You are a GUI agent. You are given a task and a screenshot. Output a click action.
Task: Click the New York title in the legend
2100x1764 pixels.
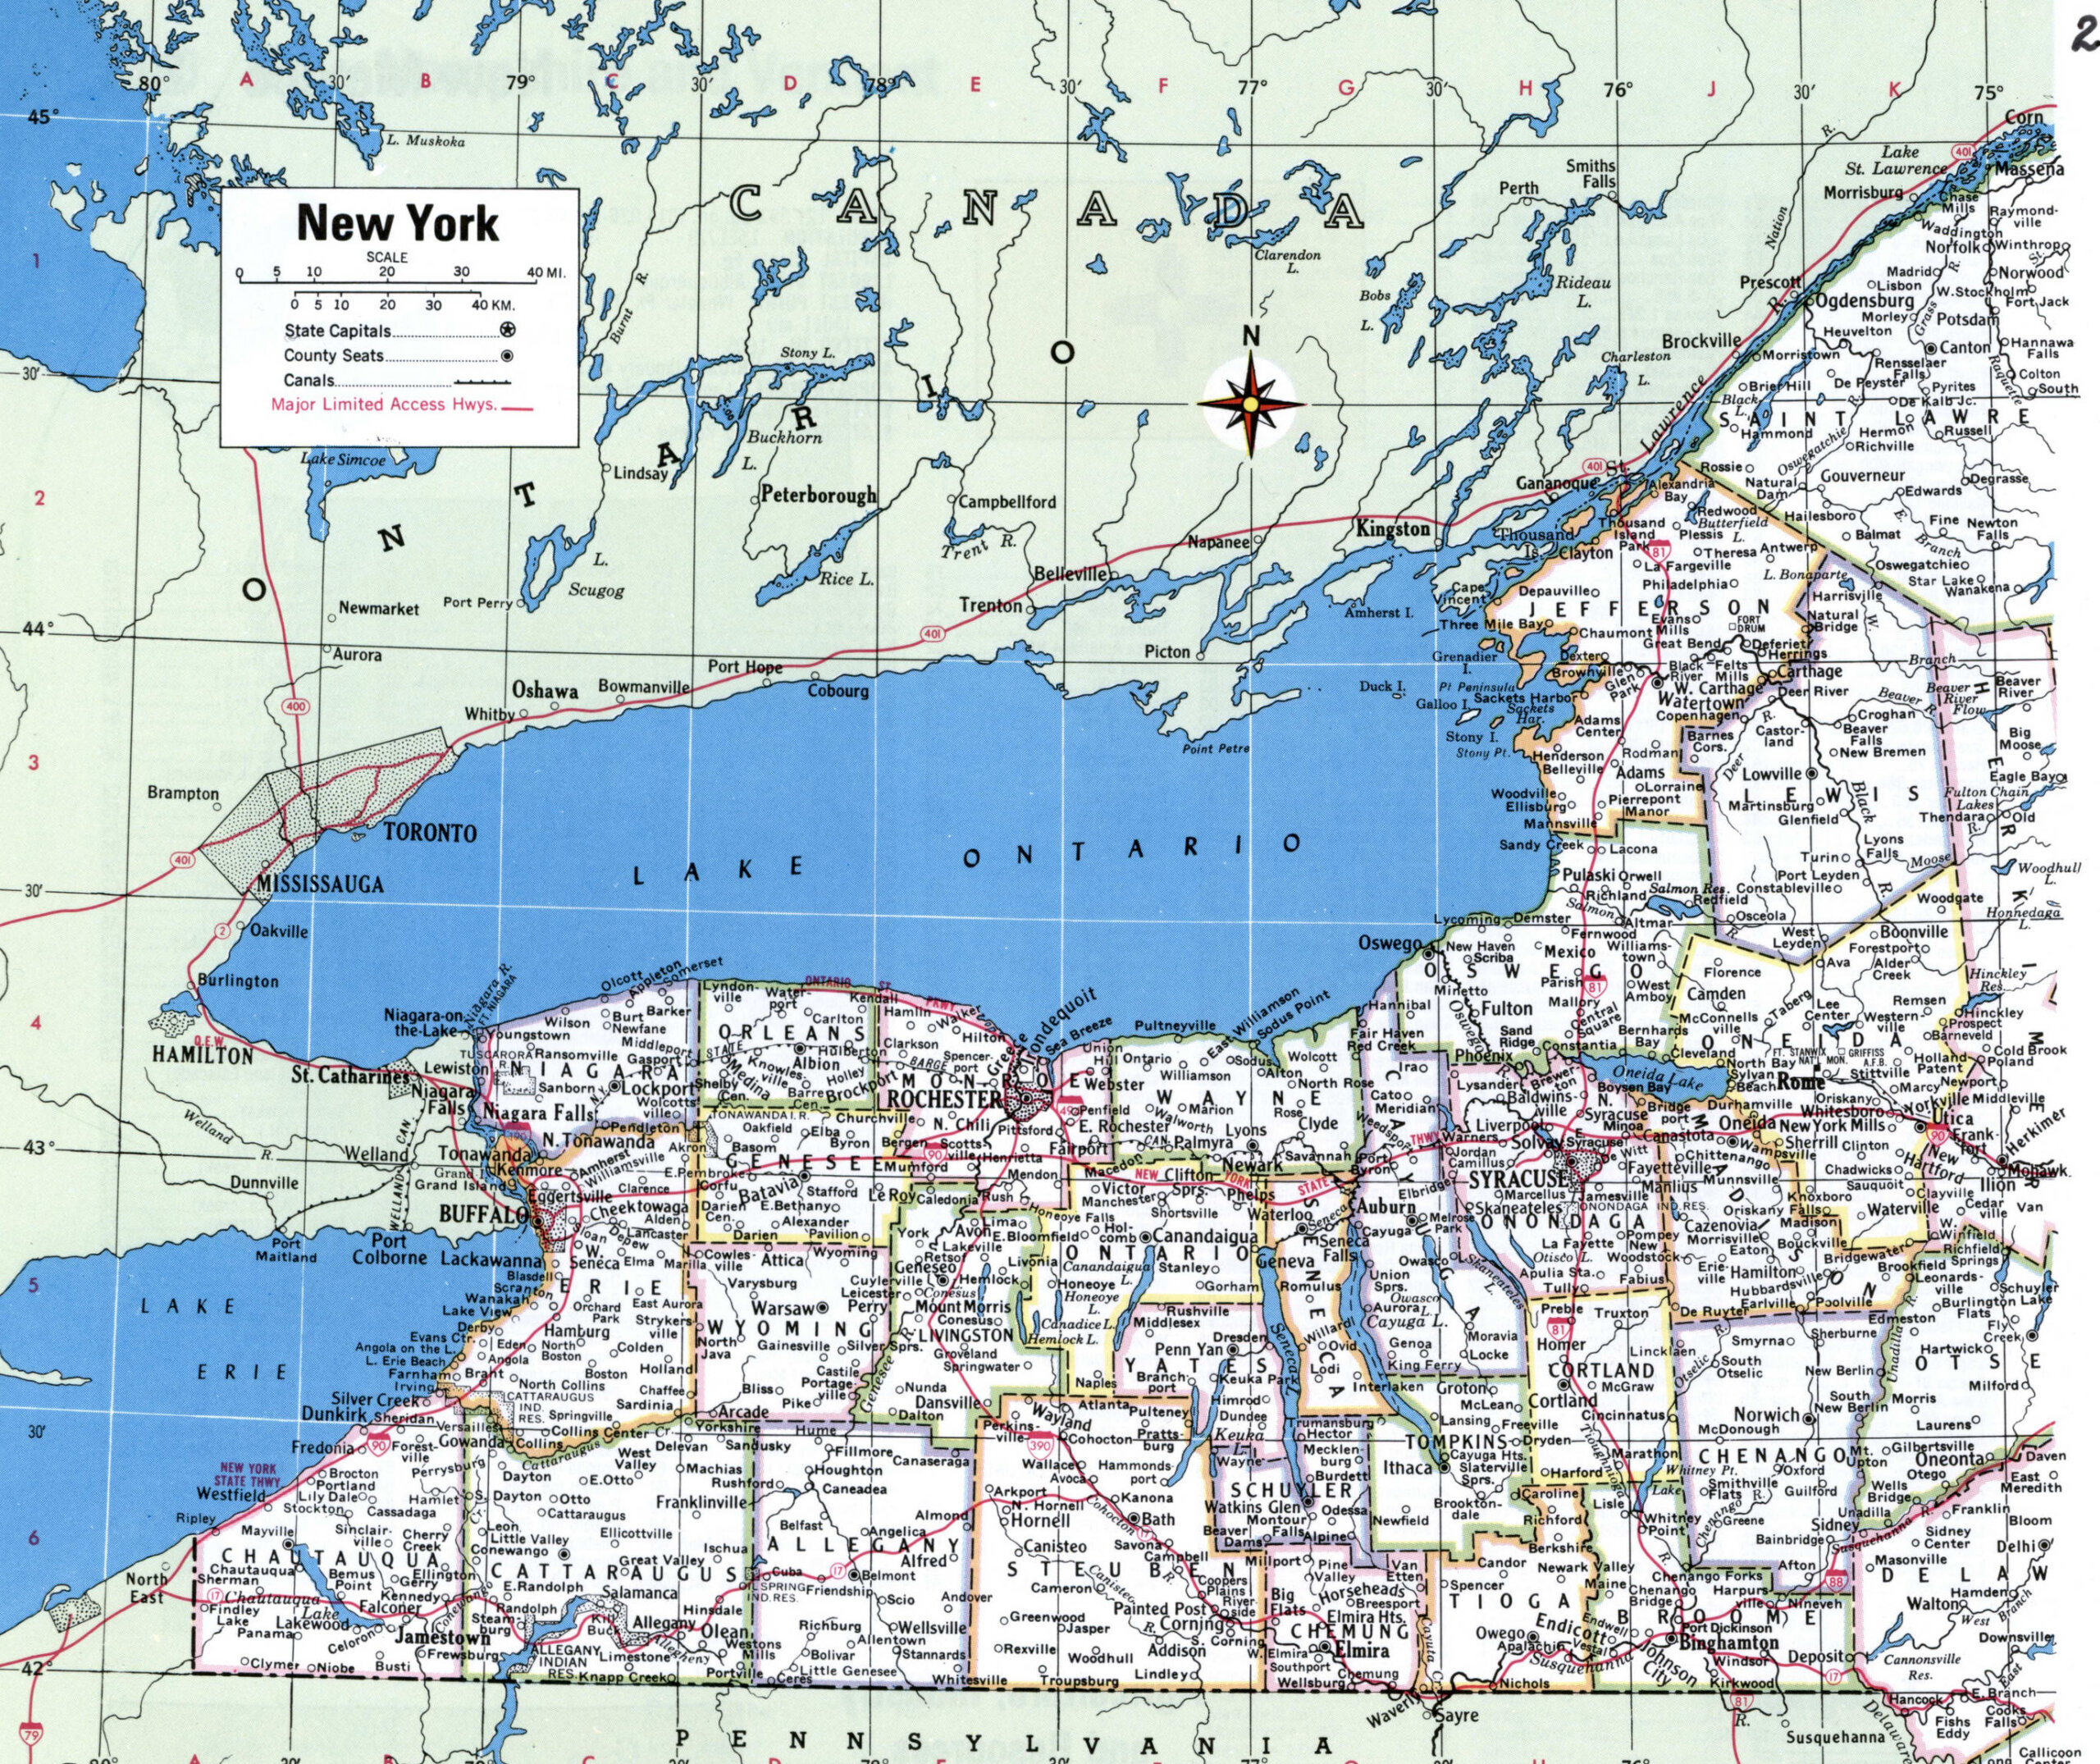(397, 223)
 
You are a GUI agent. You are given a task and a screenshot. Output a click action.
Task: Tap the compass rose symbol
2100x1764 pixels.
(1249, 402)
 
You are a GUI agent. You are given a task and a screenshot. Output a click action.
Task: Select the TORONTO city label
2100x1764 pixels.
(431, 833)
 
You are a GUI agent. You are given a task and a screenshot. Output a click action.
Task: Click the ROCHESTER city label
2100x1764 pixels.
(944, 1099)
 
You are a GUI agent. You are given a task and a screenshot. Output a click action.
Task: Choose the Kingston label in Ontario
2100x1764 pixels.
(1393, 529)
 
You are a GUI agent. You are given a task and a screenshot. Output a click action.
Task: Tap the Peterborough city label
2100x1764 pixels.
(818, 495)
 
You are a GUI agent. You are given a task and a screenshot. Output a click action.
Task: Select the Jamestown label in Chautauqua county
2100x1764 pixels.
(441, 1638)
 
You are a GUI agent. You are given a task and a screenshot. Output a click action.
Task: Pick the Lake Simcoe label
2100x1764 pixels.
(343, 460)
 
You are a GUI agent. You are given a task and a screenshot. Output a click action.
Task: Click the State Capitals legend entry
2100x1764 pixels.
(339, 331)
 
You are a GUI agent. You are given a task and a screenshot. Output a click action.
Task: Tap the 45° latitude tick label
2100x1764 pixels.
(39, 118)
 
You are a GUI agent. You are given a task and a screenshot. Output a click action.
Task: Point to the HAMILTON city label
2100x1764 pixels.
(203, 1054)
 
